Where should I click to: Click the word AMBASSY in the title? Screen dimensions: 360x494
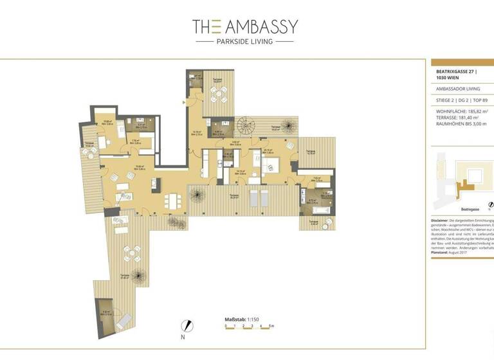(x=261, y=26)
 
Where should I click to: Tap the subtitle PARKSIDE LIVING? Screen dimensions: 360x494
(x=244, y=42)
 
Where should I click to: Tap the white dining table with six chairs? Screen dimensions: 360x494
(x=172, y=200)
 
